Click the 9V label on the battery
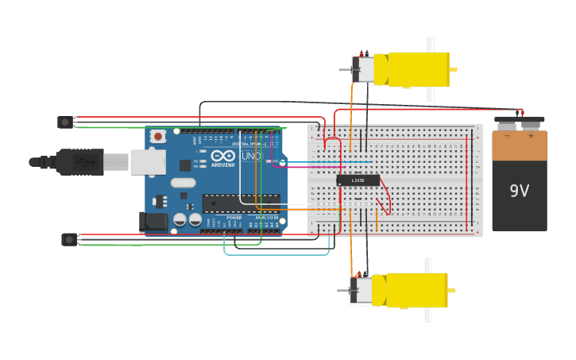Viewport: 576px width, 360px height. point(519,191)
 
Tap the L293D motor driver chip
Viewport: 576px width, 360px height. point(358,180)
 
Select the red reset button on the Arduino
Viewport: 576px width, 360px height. point(158,137)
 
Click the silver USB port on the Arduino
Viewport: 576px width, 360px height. point(148,162)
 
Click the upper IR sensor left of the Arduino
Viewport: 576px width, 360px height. point(65,122)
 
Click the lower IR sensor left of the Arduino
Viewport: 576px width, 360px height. point(69,239)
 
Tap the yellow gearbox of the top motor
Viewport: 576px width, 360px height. point(418,70)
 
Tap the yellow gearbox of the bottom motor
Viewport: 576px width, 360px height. point(416,290)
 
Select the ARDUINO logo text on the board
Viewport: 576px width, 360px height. point(223,165)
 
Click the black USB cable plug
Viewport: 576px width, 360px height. point(79,162)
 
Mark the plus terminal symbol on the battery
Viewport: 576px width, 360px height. point(531,136)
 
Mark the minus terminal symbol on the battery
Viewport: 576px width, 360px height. point(507,136)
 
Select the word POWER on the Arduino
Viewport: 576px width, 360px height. point(234,217)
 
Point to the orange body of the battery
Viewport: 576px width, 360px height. point(519,146)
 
